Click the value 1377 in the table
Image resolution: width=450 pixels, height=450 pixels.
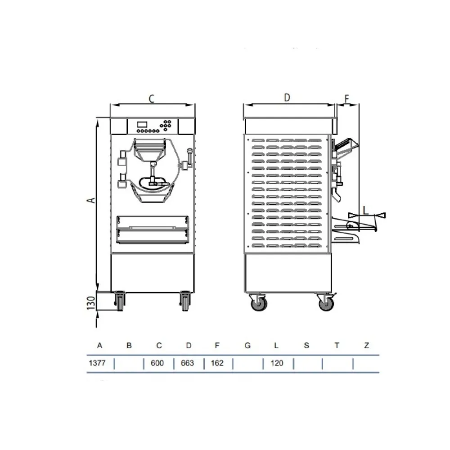click(97, 363)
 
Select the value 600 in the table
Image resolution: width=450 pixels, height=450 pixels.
click(158, 363)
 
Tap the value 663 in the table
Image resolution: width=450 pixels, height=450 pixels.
click(188, 363)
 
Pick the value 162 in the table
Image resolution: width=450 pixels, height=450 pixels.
click(217, 363)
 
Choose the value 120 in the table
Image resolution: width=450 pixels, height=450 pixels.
click(277, 363)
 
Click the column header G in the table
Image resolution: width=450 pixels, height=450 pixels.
click(247, 346)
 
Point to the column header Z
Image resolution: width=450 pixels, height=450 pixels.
click(367, 346)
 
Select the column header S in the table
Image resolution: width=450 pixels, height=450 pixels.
click(306, 346)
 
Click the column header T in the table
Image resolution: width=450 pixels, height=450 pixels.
click(337, 346)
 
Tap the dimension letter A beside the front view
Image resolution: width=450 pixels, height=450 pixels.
click(91, 199)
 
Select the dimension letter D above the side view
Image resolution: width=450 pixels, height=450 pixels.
click(287, 98)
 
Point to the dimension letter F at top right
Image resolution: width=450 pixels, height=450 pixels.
click(346, 98)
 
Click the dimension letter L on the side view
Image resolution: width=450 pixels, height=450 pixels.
click(365, 209)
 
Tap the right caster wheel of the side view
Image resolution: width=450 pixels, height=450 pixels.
click(326, 303)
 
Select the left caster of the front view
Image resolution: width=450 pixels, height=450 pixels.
click(120, 300)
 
